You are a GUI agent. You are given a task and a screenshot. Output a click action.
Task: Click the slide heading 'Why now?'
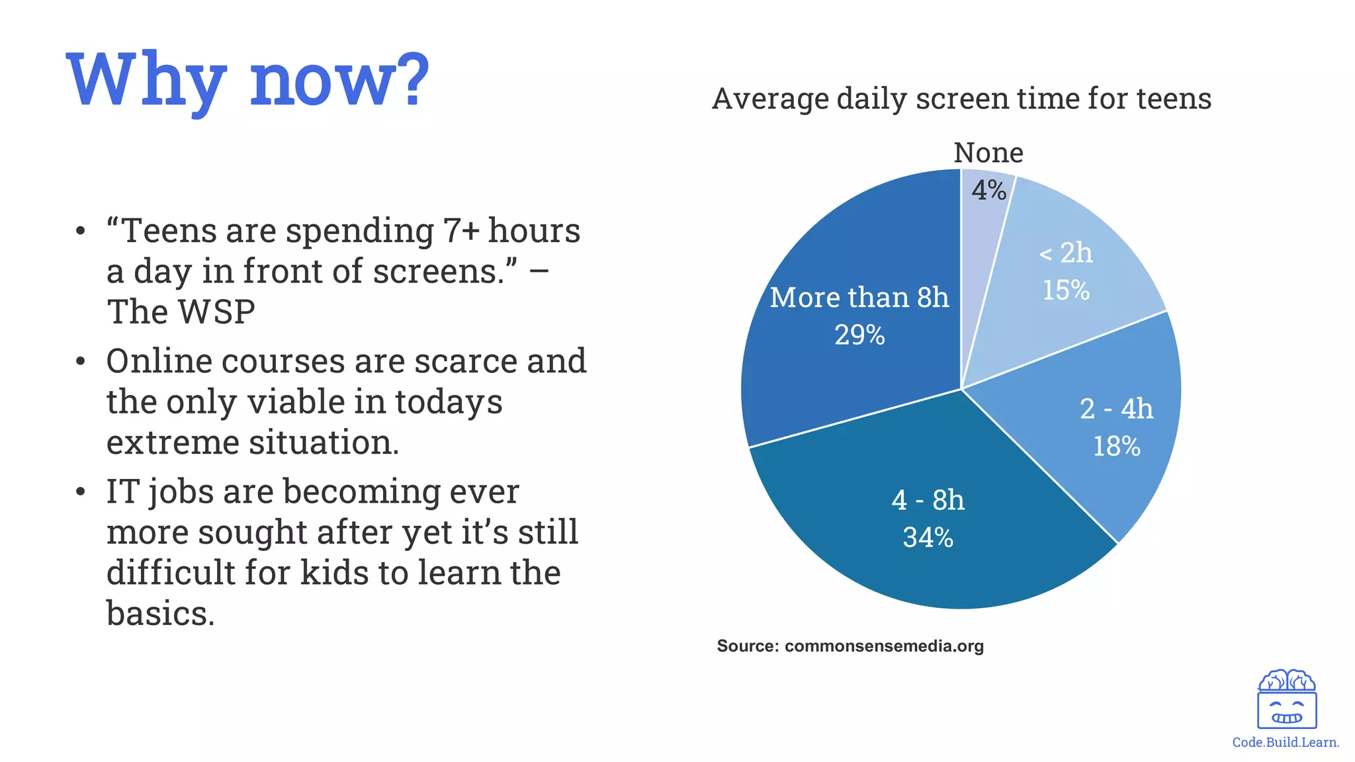point(248,81)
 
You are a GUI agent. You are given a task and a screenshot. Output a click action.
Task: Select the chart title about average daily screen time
point(961,99)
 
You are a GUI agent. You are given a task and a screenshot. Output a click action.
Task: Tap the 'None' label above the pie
point(988,153)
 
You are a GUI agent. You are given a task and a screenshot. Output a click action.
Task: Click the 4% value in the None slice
point(988,190)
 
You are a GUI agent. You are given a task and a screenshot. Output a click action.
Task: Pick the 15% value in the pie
point(1066,290)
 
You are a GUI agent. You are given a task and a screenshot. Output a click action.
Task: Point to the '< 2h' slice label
point(1066,253)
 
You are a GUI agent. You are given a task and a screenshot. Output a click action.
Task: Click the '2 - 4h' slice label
point(1116,409)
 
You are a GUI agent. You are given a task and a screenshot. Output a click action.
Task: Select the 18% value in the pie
point(1116,446)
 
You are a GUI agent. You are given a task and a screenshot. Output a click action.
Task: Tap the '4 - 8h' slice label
point(928,500)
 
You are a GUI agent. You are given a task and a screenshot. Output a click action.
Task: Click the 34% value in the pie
point(928,538)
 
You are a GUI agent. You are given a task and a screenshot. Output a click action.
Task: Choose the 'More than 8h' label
point(859,298)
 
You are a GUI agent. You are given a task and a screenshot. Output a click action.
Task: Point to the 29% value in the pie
point(859,335)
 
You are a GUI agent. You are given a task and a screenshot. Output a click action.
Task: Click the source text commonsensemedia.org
point(884,646)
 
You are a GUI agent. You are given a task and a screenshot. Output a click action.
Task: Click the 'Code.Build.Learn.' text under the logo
point(1286,742)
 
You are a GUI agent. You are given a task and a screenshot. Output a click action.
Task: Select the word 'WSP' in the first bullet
point(218,312)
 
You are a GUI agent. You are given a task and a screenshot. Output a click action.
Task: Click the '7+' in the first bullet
point(461,231)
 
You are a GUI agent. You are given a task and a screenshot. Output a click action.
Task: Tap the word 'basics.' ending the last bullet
point(160,613)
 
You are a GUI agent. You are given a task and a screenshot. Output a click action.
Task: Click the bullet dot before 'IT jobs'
point(81,492)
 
